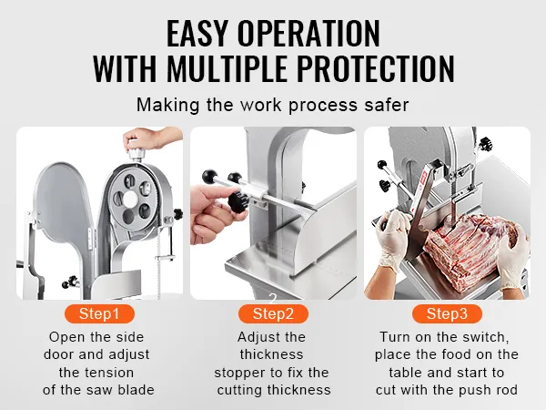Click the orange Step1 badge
[x=99, y=313]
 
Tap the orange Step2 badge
[x=273, y=313]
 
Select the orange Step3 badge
[x=447, y=313]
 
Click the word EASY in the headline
[x=197, y=34]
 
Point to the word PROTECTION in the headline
[x=375, y=68]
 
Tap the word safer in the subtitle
[x=387, y=105]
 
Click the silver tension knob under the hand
[x=136, y=154]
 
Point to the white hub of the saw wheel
[x=130, y=199]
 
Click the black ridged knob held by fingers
[x=238, y=201]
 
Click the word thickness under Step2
[x=271, y=354]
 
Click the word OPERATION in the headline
[x=308, y=34]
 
